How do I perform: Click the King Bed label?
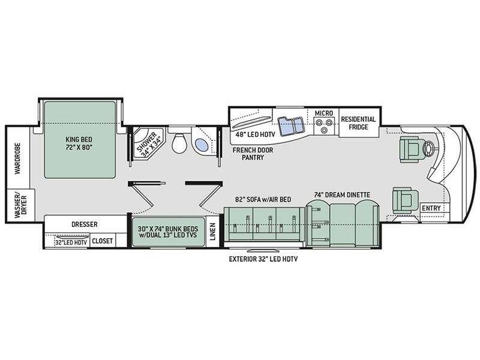point(79,143)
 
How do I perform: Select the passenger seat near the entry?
point(406,200)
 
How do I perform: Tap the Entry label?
point(431,208)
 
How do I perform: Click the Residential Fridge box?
point(359,122)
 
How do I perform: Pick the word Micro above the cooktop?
point(324,113)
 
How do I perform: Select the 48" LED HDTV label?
point(256,134)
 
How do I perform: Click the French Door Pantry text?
point(253,154)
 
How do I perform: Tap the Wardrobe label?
point(18,158)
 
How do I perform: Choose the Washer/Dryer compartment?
point(20,205)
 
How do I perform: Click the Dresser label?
point(85,224)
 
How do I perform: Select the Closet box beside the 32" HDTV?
point(102,241)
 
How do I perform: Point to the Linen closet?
point(213,232)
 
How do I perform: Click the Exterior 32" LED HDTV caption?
point(263,259)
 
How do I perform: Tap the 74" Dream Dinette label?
point(342,194)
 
